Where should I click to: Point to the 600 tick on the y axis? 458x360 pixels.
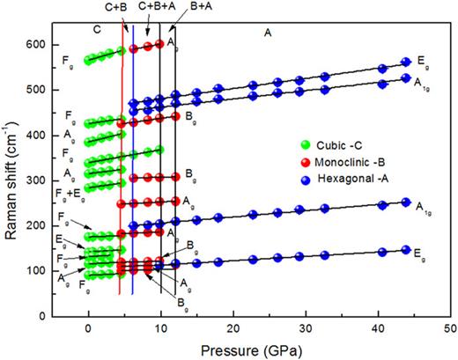(x=45, y=44)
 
